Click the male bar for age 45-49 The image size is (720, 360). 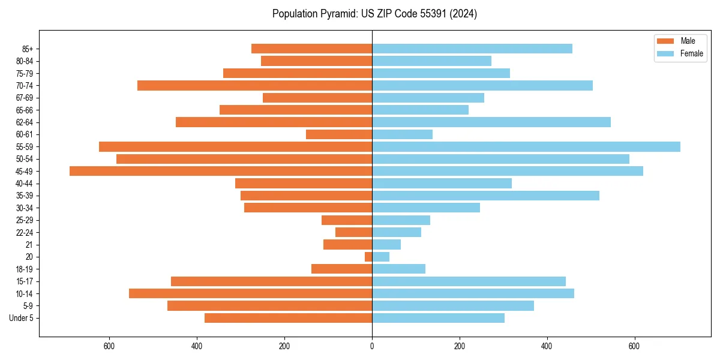(221, 171)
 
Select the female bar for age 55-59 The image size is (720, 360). (526, 146)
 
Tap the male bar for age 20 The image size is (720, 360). (368, 257)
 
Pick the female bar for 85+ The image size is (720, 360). (472, 49)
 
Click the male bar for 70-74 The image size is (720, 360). (255, 85)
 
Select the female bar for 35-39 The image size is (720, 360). (485, 196)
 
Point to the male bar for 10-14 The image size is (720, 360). (251, 293)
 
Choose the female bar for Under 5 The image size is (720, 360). (438, 318)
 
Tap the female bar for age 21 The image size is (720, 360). (386, 244)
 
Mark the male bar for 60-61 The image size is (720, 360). (339, 134)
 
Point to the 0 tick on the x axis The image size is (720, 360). (372, 346)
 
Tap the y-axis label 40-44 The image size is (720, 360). (25, 184)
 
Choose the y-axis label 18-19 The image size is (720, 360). (25, 269)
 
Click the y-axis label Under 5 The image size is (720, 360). (22, 318)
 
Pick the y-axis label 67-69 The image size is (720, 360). (25, 98)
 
